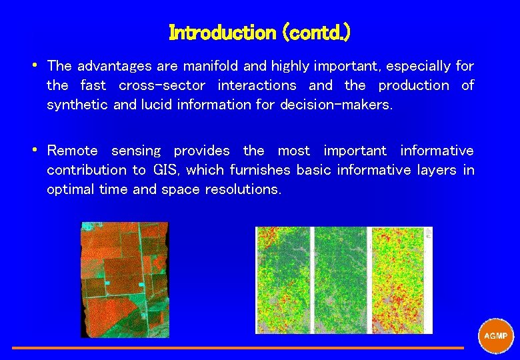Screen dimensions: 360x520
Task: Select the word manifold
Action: (x=205, y=66)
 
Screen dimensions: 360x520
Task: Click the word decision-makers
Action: (x=335, y=105)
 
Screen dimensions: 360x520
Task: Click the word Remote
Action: (x=72, y=151)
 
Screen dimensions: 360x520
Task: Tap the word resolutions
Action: (x=243, y=189)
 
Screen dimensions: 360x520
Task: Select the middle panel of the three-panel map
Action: (x=339, y=280)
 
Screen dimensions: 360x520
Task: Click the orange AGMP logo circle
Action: (x=496, y=335)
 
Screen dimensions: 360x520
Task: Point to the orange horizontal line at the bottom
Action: (x=237, y=347)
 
